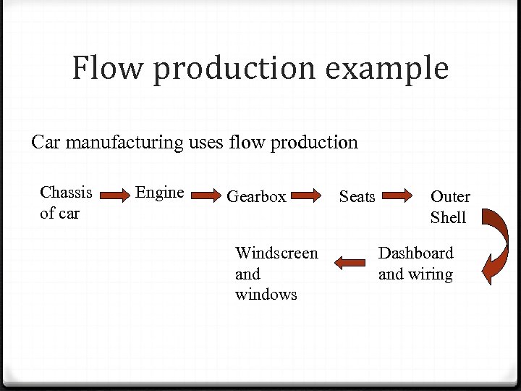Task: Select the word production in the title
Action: [234, 70]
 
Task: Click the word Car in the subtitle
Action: [46, 142]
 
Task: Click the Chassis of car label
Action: [66, 203]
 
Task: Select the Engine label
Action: [160, 193]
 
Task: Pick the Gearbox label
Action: [256, 196]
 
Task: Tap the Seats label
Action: [357, 197]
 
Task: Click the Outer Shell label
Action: [449, 207]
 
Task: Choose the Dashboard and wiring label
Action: [415, 264]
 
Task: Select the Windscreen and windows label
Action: [276, 274]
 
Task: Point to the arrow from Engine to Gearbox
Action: [206, 195]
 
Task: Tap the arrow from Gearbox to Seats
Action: [307, 195]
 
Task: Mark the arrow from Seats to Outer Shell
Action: [397, 195]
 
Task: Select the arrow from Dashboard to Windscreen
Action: [350, 263]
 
